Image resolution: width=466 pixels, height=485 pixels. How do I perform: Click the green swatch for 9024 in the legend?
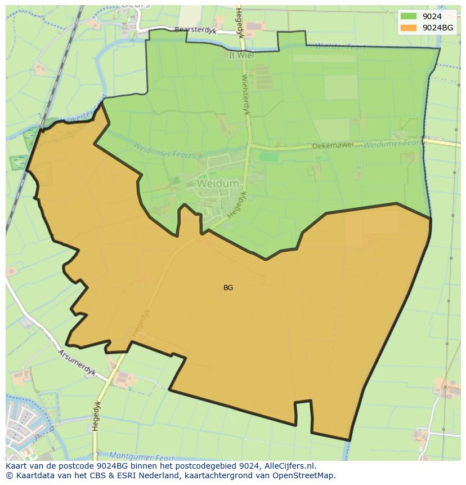(x=409, y=16)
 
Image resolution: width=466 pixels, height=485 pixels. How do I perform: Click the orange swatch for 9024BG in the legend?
(x=409, y=28)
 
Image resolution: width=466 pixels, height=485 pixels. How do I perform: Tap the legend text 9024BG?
(x=438, y=28)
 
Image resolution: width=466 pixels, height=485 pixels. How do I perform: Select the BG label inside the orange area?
(x=228, y=288)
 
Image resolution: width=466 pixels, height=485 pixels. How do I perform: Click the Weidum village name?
(x=218, y=184)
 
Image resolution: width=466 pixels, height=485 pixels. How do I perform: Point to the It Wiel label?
(x=241, y=55)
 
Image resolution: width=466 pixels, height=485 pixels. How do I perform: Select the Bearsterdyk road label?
(x=195, y=30)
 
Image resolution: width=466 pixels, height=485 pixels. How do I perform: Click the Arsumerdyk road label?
(x=77, y=363)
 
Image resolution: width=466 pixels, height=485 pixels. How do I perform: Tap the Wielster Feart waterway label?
(x=339, y=46)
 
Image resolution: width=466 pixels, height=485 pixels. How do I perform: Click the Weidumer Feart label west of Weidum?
(x=162, y=151)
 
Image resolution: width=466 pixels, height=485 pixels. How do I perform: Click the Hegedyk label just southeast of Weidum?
(x=237, y=204)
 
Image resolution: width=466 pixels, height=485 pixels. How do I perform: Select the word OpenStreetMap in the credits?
(x=304, y=475)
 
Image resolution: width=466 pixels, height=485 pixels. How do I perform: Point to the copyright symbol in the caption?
(x=9, y=475)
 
